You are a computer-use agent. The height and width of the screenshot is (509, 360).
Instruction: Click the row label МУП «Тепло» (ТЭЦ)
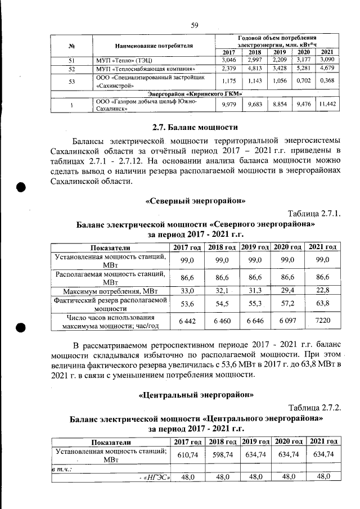(121, 60)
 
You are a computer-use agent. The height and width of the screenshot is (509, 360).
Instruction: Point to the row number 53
(72, 82)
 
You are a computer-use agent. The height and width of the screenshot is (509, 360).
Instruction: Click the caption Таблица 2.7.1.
(314, 214)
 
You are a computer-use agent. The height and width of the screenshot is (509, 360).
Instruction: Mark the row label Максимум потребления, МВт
(110, 291)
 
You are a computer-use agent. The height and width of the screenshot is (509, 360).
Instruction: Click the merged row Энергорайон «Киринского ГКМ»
(195, 93)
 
